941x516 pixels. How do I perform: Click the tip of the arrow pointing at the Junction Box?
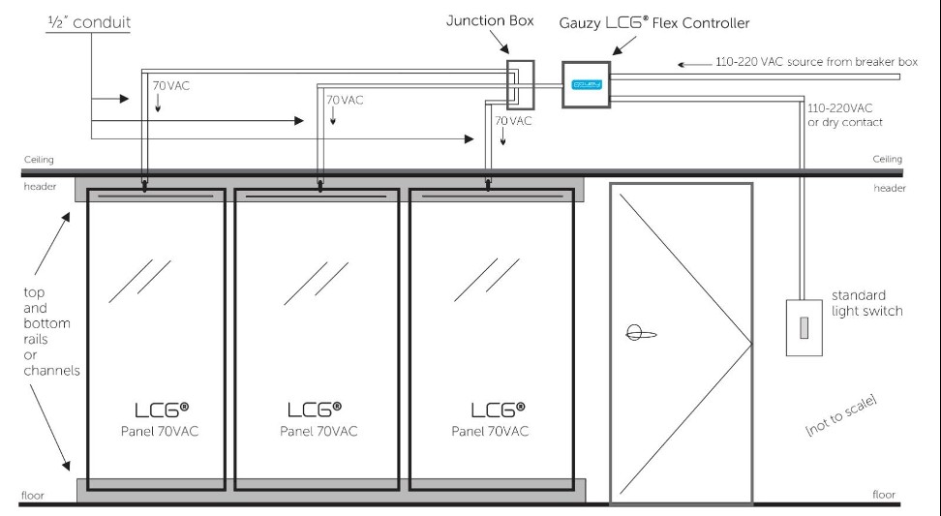(x=509, y=54)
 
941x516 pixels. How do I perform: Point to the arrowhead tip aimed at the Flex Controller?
(x=612, y=55)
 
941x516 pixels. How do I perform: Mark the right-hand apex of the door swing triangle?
(x=752, y=345)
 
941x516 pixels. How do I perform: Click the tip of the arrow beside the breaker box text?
(x=678, y=64)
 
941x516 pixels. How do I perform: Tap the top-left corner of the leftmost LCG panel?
(x=88, y=190)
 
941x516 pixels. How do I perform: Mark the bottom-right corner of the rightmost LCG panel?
(x=574, y=490)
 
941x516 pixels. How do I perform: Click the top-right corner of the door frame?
(x=752, y=184)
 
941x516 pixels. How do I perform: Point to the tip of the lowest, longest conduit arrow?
(x=474, y=139)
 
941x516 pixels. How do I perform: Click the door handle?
(x=640, y=332)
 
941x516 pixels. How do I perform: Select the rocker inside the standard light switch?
(x=804, y=327)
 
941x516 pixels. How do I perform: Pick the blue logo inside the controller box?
(x=587, y=84)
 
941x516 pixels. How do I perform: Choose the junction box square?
(x=520, y=84)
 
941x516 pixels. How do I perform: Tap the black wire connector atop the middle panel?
(x=319, y=186)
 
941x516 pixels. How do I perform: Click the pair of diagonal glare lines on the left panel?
(x=139, y=281)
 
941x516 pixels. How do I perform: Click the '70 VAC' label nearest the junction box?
(x=513, y=121)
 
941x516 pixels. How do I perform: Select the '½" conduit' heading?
(x=89, y=22)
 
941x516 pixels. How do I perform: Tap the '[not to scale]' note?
(x=840, y=415)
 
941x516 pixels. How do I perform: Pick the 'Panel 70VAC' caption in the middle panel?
(x=319, y=431)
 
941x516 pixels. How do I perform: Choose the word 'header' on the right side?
(x=890, y=188)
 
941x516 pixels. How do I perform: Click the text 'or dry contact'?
(x=845, y=122)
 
